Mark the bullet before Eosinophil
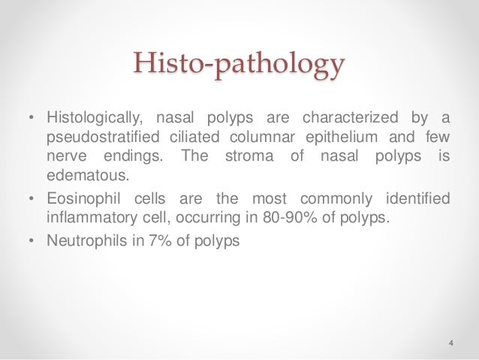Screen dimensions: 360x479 click(x=30, y=199)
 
